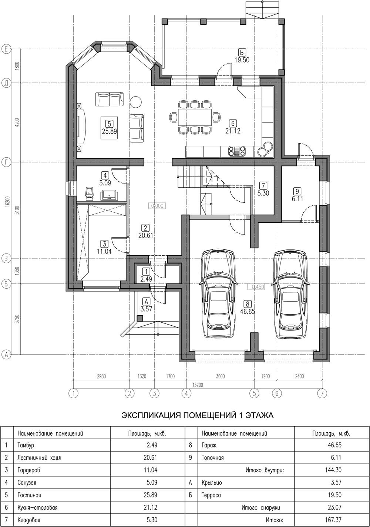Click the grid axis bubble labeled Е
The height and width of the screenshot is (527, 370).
6,49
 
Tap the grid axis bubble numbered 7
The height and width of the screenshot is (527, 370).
322,393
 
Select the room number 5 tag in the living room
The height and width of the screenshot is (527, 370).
109,124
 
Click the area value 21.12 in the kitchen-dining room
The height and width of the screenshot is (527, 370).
233,131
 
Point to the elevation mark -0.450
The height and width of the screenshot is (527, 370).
256,287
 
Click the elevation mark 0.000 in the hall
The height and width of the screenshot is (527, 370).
157,206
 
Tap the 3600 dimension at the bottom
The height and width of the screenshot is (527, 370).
220,376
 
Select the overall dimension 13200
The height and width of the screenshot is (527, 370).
198,385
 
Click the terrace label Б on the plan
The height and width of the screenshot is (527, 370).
242,51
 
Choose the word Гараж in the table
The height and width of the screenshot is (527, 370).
209,445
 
